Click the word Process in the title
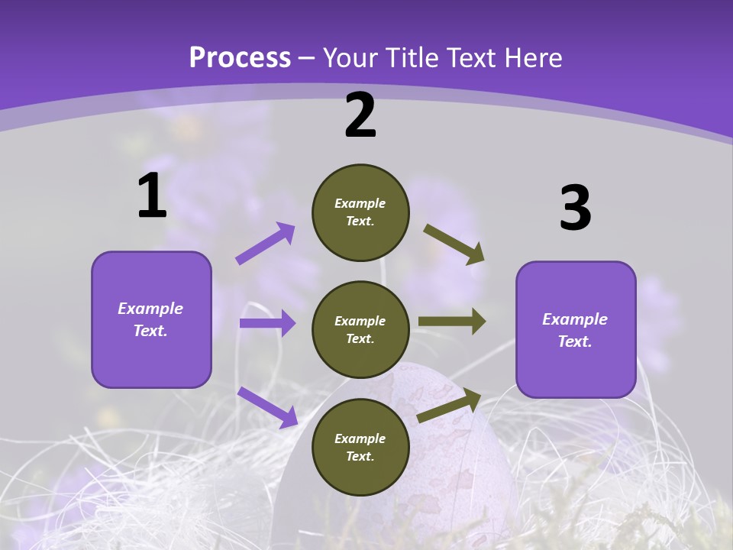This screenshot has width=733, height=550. coord(240,57)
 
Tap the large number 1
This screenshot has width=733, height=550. coord(152,196)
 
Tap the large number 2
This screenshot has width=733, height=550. coord(360,115)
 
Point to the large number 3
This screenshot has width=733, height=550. coord(575,208)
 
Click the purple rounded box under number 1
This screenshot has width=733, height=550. coord(151,319)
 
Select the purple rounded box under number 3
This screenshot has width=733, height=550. coord(576,330)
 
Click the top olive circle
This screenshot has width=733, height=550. coord(360,212)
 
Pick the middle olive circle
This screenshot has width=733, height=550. coord(360,329)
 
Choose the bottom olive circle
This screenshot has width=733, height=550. coord(360,447)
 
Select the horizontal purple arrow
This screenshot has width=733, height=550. coord(267,323)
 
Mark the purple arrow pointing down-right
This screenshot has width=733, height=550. coord(267,407)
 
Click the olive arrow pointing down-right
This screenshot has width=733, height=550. coord(454,244)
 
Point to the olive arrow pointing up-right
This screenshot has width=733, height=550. coord(449,406)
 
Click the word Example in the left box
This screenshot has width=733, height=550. coord(150,309)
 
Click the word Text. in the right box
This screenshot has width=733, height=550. coord(575,341)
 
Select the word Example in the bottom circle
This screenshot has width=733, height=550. coord(360,438)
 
